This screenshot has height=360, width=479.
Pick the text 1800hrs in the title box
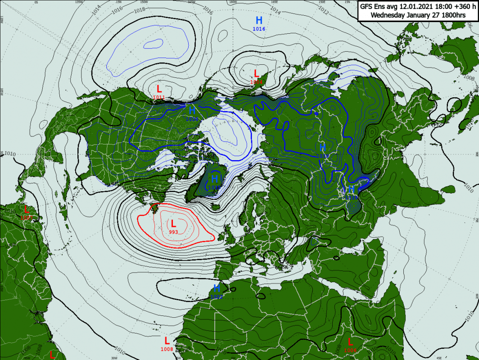pyautogui.click(x=453, y=15)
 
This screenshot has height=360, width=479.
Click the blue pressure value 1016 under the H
pyautogui.click(x=259, y=29)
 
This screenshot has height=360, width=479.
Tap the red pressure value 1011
pyautogui.click(x=159, y=97)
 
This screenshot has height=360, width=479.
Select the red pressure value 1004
pyautogui.click(x=256, y=82)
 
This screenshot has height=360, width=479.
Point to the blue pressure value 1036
pyautogui.click(x=192, y=119)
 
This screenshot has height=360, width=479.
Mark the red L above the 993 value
pyautogui.click(x=173, y=223)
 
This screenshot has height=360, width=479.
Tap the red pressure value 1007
pyautogui.click(x=26, y=217)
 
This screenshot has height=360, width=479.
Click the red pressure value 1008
pyautogui.click(x=167, y=349)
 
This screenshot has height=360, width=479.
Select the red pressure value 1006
pyautogui.click(x=350, y=350)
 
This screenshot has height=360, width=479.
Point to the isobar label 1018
pyautogui.click(x=140, y=9)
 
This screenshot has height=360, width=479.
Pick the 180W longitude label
pyautogui.click(x=233, y=2)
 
